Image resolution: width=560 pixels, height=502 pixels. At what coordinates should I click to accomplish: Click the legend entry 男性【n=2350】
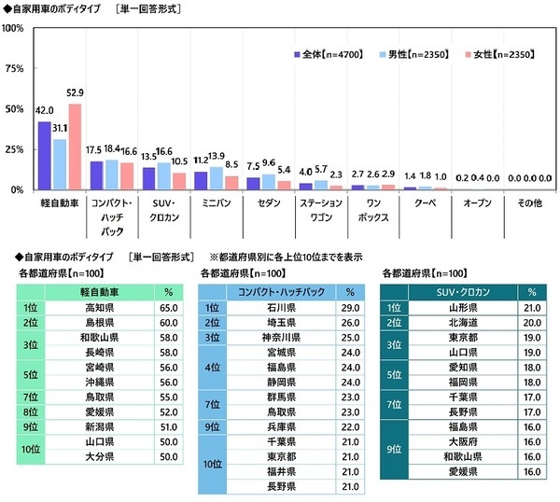pyautogui.click(x=398, y=54)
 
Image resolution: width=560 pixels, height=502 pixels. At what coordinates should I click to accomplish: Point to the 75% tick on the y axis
pyautogui.click(x=13, y=69)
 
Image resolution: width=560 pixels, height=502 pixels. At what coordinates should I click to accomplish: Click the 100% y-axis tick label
pyautogui.click(x=12, y=28)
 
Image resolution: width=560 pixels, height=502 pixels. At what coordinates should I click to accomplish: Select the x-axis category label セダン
pyautogui.click(x=257, y=201)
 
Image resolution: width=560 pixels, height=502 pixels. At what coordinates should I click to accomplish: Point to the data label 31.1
pyautogui.click(x=60, y=128)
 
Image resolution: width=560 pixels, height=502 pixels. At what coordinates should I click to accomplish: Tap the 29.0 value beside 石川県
pyautogui.click(x=350, y=305)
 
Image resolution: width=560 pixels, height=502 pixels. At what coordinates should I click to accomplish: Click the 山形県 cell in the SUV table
pyautogui.click(x=462, y=305)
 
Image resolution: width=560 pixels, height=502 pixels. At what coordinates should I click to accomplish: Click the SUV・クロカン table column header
pyautogui.click(x=463, y=290)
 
